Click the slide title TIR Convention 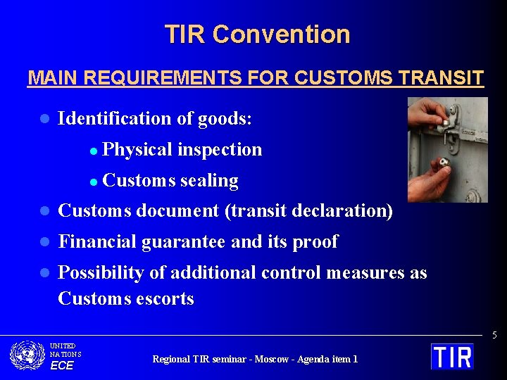(257, 34)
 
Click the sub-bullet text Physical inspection (182, 149)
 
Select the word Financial (97, 241)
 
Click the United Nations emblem (27, 355)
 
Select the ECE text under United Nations (61, 365)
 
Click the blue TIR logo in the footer (452, 356)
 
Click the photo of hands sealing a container (447, 149)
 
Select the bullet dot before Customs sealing (94, 181)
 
